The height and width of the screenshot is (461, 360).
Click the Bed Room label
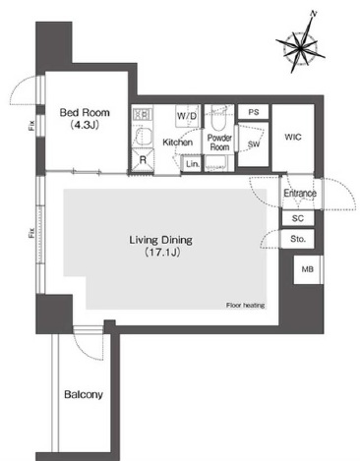85,113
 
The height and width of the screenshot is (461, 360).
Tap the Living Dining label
160,240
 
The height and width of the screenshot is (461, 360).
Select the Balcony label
84,394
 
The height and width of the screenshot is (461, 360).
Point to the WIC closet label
293,137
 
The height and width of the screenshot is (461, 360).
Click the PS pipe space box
254,112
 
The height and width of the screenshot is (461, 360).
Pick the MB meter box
308,269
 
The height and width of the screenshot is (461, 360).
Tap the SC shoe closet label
298,218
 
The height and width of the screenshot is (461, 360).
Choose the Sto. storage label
298,239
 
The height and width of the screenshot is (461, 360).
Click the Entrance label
300,193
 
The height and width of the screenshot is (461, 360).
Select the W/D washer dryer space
187,116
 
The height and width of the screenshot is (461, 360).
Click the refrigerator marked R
143,160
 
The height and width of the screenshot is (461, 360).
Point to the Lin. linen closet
192,163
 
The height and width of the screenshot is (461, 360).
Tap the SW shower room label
254,144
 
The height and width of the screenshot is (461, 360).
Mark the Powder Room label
219,143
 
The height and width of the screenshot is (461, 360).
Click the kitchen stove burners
143,114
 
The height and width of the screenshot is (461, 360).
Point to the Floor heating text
245,306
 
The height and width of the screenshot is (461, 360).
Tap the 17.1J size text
162,252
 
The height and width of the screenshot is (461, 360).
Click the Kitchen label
177,143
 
